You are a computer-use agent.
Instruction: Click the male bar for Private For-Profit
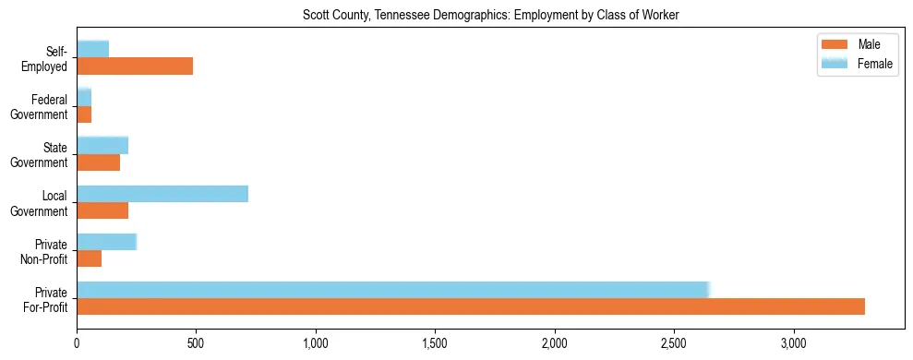(x=471, y=306)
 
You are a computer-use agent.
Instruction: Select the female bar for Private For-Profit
(x=392, y=290)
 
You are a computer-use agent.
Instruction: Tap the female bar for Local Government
(x=162, y=194)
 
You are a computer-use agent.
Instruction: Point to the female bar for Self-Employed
(x=92, y=49)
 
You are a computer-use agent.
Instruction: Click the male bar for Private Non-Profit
(x=89, y=258)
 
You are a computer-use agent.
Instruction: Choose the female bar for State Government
(x=102, y=145)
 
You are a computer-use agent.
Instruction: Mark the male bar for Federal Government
(x=84, y=114)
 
